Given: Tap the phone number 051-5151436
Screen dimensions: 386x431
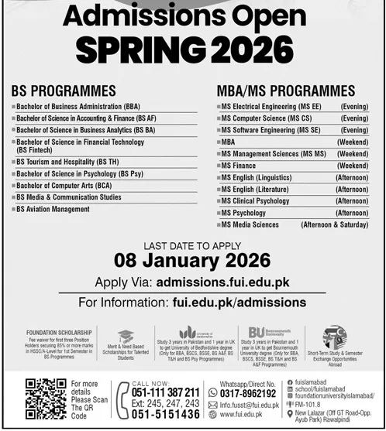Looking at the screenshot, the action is (165, 415).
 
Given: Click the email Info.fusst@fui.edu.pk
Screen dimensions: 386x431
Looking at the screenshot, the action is (249, 404).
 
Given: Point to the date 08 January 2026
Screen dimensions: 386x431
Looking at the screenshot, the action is (192, 259).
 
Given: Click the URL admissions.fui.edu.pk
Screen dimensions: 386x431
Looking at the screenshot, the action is (222, 282).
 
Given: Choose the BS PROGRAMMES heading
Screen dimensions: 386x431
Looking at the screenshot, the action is (64, 91).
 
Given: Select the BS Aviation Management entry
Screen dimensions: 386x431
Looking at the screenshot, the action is (53, 209).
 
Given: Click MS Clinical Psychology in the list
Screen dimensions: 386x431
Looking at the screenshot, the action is (255, 201).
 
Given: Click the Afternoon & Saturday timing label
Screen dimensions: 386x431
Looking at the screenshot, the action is (334, 224).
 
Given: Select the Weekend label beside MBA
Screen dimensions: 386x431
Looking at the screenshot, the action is (353, 142).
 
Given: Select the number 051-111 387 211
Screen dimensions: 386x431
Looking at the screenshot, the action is (165, 392).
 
